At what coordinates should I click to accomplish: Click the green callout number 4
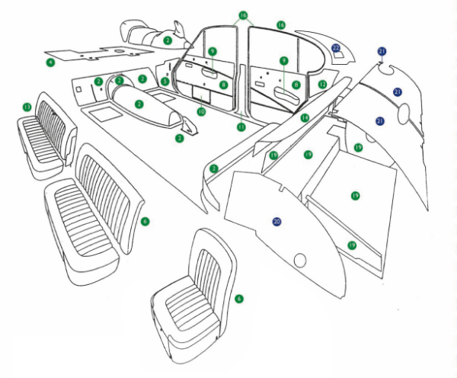pyautogui.click(x=50, y=61)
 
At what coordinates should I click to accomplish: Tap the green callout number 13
pyautogui.click(x=27, y=107)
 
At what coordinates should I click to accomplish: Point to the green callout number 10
pyautogui.click(x=201, y=111)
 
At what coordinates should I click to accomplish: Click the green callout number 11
pyautogui.click(x=241, y=127)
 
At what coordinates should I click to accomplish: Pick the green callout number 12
pyautogui.click(x=322, y=84)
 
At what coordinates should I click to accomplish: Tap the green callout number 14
pyautogui.click(x=304, y=118)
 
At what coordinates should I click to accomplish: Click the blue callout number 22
pyautogui.click(x=336, y=48)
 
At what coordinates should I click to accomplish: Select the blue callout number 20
pyautogui.click(x=276, y=221)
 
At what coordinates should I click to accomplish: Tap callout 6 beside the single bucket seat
pyautogui.click(x=238, y=300)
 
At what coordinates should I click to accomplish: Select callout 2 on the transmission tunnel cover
pyautogui.click(x=139, y=103)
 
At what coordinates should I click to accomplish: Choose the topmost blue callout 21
pyautogui.click(x=382, y=51)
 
